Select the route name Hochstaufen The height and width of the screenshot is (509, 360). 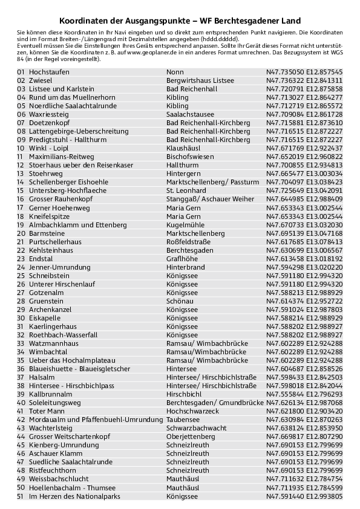click(x=49, y=72)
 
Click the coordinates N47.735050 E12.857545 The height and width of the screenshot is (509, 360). click(x=304, y=72)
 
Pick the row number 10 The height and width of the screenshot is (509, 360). click(x=21, y=148)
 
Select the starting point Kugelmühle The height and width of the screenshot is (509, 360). click(x=184, y=224)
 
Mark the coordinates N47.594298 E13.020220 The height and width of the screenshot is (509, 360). click(x=304, y=267)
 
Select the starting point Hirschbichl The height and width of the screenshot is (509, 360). click(x=183, y=394)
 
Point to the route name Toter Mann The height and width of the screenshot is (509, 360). click(x=47, y=410)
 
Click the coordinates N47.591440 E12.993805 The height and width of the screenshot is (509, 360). click(x=304, y=496)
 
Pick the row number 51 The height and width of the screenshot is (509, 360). click(x=21, y=496)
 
